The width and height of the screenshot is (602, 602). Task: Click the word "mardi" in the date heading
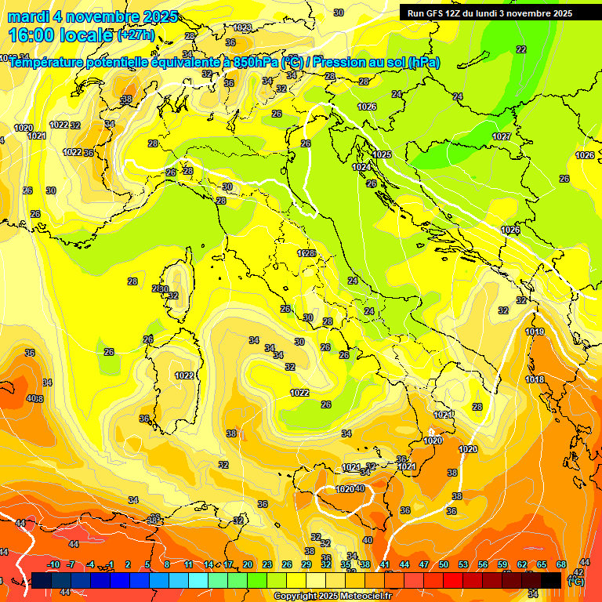[x=28, y=16]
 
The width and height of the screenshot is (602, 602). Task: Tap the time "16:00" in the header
[x=32, y=35]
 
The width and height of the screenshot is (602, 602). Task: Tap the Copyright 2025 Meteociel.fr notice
[x=332, y=596]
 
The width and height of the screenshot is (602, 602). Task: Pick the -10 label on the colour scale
[x=53, y=564]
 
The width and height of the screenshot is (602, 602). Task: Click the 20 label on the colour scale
[x=248, y=564]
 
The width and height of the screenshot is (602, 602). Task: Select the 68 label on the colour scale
[x=561, y=564]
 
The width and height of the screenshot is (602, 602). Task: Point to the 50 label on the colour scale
[x=444, y=564]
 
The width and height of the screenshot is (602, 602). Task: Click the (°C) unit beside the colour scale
[x=575, y=582]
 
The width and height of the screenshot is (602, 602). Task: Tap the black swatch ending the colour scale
[x=551, y=580]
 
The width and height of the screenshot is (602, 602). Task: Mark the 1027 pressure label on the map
[x=502, y=137]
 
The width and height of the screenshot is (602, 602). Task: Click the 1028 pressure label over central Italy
[x=306, y=253]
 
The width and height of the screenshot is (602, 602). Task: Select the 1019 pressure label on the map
[x=535, y=332]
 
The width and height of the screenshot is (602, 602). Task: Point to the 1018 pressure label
[x=535, y=380]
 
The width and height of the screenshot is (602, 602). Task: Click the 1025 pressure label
[x=382, y=154]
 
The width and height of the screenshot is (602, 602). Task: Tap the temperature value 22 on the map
[x=521, y=49]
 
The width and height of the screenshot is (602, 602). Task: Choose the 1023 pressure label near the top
[x=243, y=27]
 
